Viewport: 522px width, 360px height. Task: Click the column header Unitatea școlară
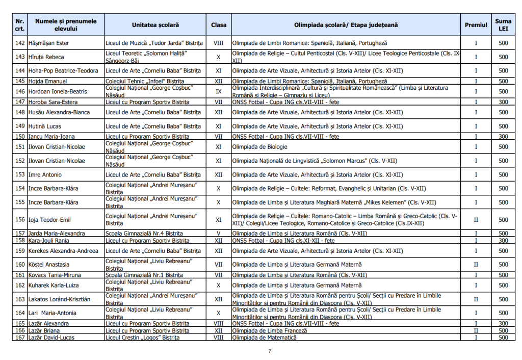pos(155,25)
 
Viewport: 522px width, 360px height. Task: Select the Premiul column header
pos(476,25)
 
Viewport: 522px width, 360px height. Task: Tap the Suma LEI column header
pos(503,25)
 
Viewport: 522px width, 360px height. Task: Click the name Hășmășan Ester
pos(49,43)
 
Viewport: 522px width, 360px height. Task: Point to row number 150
pos(20,137)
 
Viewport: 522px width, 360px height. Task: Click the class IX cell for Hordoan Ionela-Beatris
pos(219,92)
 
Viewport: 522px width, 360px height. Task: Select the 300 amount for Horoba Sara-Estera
pos(503,102)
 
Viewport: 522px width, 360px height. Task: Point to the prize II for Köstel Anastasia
pos(476,265)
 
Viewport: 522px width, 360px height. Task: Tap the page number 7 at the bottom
pos(270,351)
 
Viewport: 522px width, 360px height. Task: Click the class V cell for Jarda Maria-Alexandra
pos(219,234)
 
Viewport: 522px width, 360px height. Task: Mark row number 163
pos(20,299)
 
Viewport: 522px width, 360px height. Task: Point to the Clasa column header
pos(219,25)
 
